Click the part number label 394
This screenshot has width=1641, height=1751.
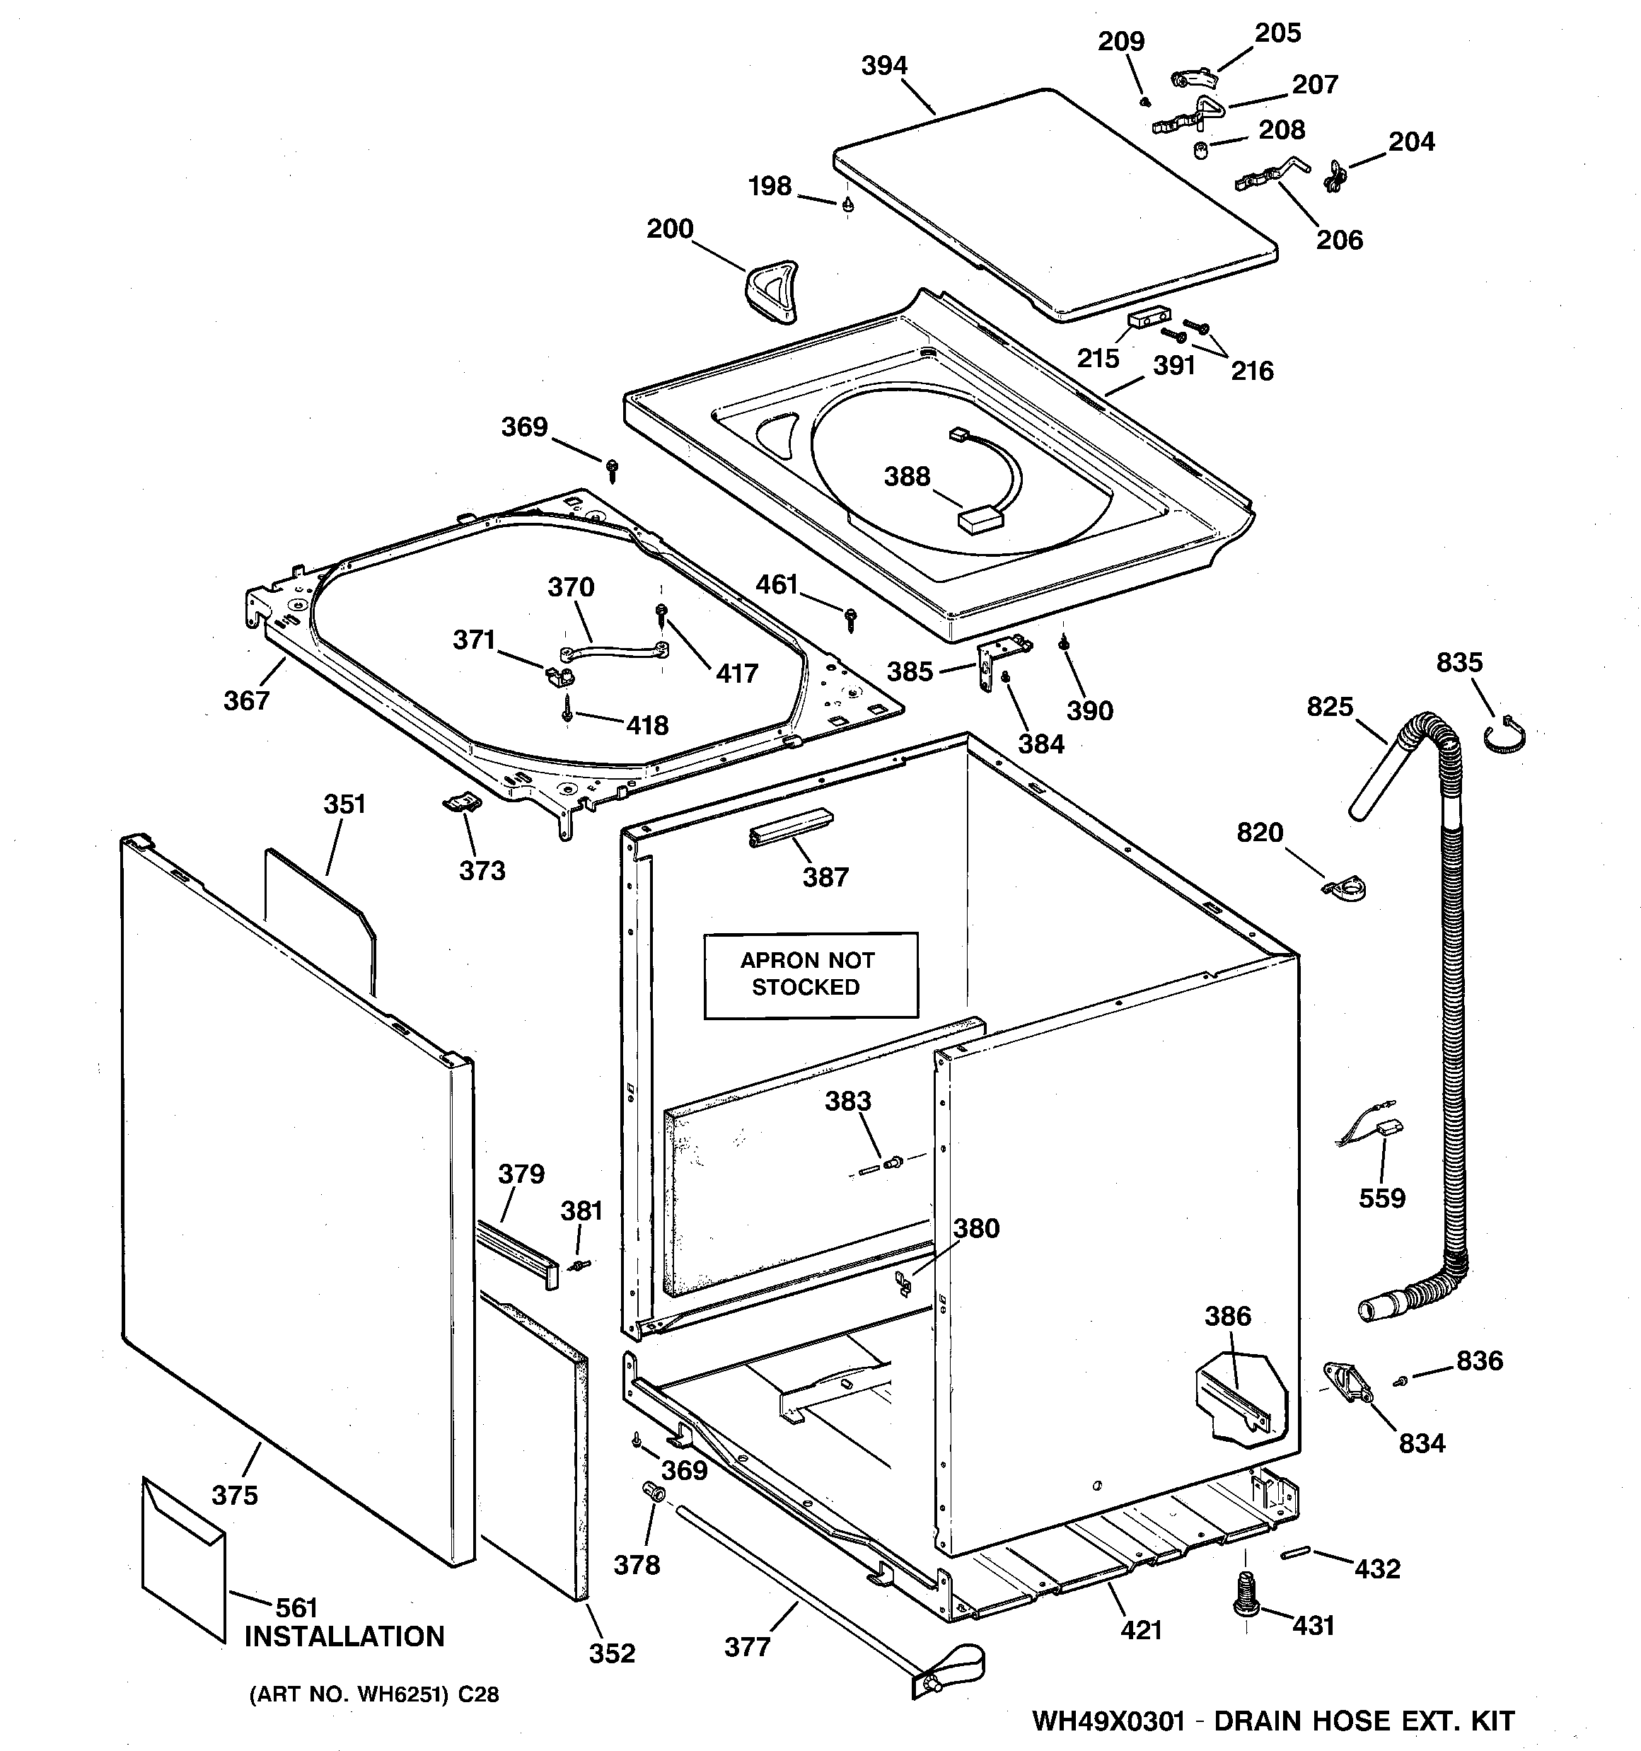883,66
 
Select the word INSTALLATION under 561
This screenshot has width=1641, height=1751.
344,1636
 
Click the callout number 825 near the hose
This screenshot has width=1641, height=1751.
1329,706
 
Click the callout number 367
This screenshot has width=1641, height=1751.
245,700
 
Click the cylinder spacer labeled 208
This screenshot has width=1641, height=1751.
1200,151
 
